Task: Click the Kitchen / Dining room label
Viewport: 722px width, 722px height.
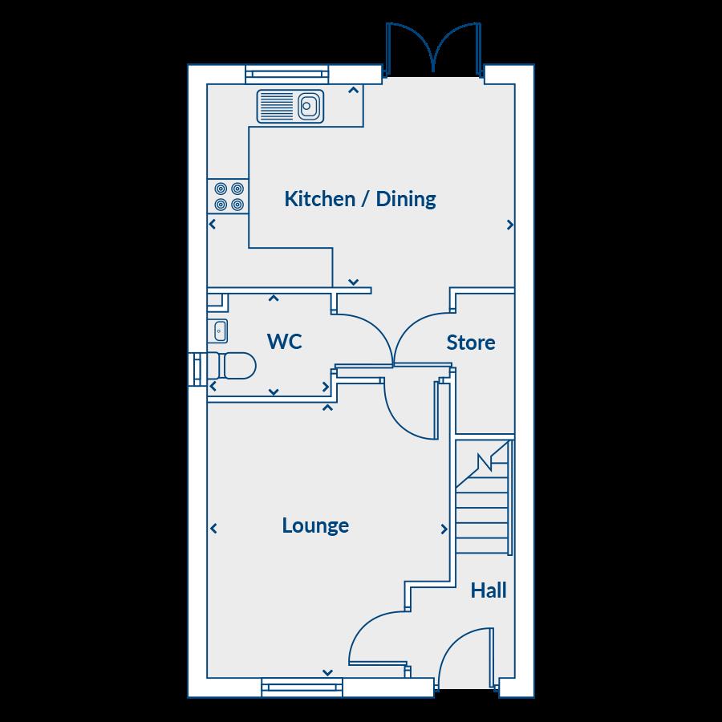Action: coord(360,199)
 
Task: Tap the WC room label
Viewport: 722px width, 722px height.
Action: coord(285,342)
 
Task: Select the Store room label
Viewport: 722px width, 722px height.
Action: coord(471,343)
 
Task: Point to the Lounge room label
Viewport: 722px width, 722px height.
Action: coord(315,525)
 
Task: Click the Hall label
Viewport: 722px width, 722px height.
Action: coord(489,591)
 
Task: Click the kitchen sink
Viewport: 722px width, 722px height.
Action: coord(290,106)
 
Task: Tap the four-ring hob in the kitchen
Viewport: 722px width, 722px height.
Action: coord(228,197)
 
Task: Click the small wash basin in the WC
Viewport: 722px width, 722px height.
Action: coord(218,330)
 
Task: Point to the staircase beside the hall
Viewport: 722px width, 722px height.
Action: coord(484,497)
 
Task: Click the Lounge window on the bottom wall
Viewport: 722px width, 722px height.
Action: coord(302,686)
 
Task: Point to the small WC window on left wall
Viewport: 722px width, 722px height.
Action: coord(197,369)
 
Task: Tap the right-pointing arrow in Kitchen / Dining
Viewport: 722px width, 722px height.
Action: coord(510,226)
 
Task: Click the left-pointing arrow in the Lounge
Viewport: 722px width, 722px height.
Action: coord(213,528)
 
